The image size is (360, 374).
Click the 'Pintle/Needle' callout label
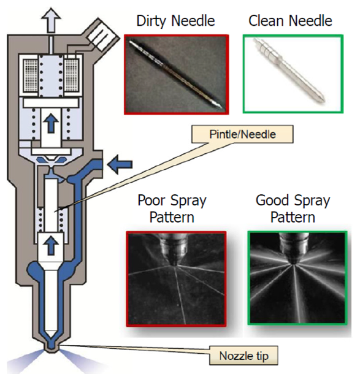(242, 134)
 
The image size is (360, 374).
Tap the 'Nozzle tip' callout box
(244, 356)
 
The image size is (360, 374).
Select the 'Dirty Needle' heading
(175, 21)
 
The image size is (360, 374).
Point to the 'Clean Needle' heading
(290, 21)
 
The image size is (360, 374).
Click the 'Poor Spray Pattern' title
(172, 208)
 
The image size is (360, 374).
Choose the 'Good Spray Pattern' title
(293, 208)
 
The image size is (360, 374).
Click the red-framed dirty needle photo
(176, 74)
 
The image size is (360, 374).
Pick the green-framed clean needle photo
(293, 74)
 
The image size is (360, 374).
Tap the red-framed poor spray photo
(176, 278)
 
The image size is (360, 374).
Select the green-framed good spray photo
(297, 278)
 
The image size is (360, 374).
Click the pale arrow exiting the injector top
(51, 20)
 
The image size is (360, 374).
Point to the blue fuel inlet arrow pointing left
(120, 164)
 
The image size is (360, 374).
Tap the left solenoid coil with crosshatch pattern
(30, 75)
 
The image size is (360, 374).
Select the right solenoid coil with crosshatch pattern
(71, 75)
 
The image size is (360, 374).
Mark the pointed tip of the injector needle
(51, 337)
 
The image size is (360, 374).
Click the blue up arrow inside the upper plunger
(51, 123)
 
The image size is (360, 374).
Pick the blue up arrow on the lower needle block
(51, 246)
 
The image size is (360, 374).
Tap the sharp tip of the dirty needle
(223, 108)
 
